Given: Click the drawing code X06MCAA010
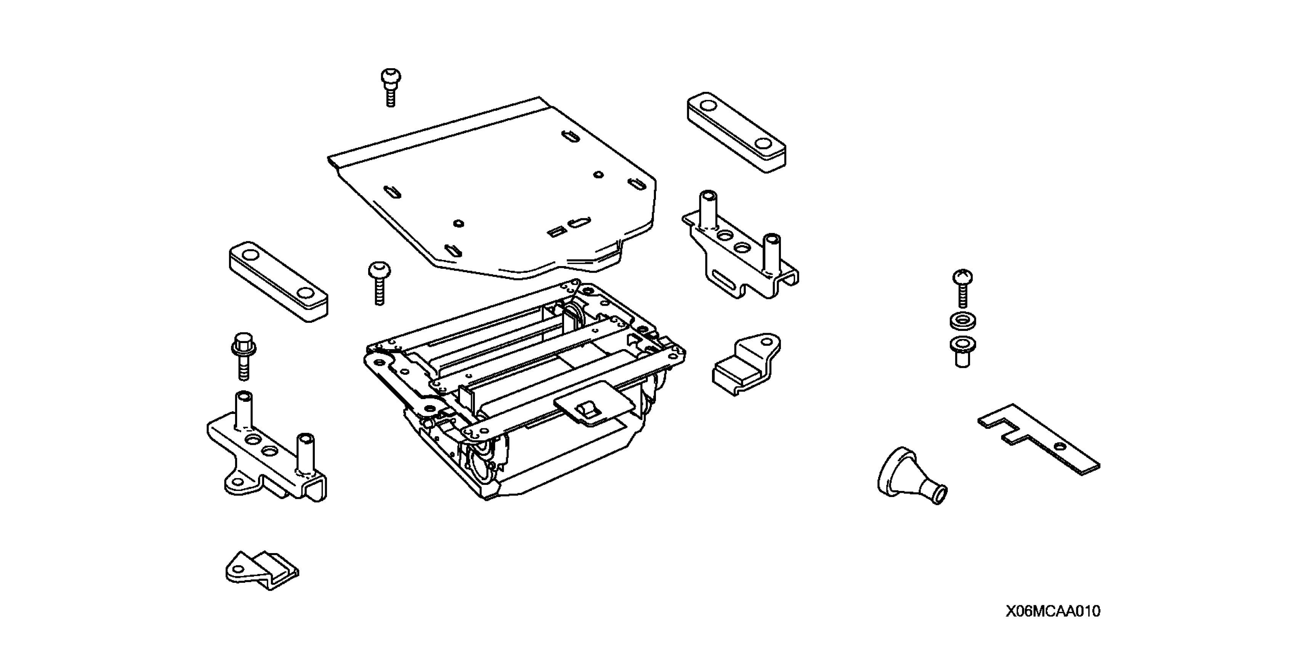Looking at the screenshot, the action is tap(1053, 611).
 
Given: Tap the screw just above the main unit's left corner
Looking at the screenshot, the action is tap(379, 282).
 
